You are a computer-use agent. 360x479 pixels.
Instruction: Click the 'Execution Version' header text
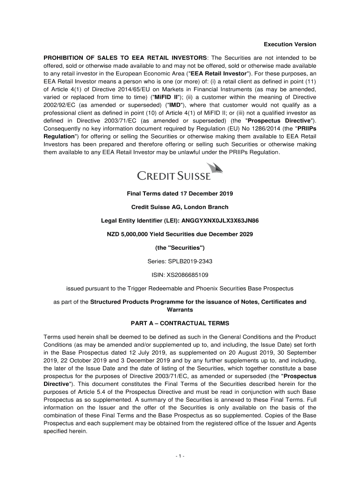tap(290, 44)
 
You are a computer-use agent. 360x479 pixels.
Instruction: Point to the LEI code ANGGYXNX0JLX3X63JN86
tap(220, 220)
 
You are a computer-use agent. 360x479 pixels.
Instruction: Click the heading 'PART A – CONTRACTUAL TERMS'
tap(180, 323)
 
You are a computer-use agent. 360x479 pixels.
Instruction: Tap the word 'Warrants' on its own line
tap(180, 310)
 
